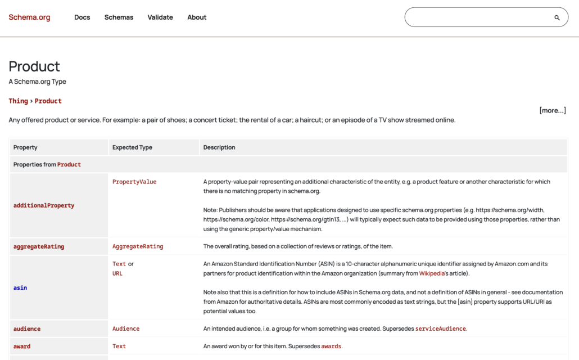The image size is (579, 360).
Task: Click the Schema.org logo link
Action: pos(29,17)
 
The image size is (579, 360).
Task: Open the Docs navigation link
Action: pos(82,17)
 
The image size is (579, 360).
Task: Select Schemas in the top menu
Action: pos(119,17)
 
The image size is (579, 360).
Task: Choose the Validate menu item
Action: pos(160,17)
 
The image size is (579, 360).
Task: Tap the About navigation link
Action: pos(197,17)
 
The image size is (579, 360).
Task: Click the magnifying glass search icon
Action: pos(557,17)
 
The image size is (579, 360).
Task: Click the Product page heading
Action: pos(34,66)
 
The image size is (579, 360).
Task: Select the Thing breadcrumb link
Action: pos(18,101)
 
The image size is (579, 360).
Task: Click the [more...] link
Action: pos(553,110)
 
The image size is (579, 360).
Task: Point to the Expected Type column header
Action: pos(132,147)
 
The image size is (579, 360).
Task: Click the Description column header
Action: pos(219,147)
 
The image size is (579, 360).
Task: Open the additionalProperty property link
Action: pos(44,206)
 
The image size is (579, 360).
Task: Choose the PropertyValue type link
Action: pos(134,182)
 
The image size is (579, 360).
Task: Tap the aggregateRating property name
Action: pos(39,246)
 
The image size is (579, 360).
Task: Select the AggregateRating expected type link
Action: pos(138,246)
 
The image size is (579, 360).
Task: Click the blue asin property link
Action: pos(20,288)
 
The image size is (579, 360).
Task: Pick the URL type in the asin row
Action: pos(117,273)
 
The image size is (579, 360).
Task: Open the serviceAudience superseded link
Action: pos(440,329)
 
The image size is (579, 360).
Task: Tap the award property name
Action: pos(22,346)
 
